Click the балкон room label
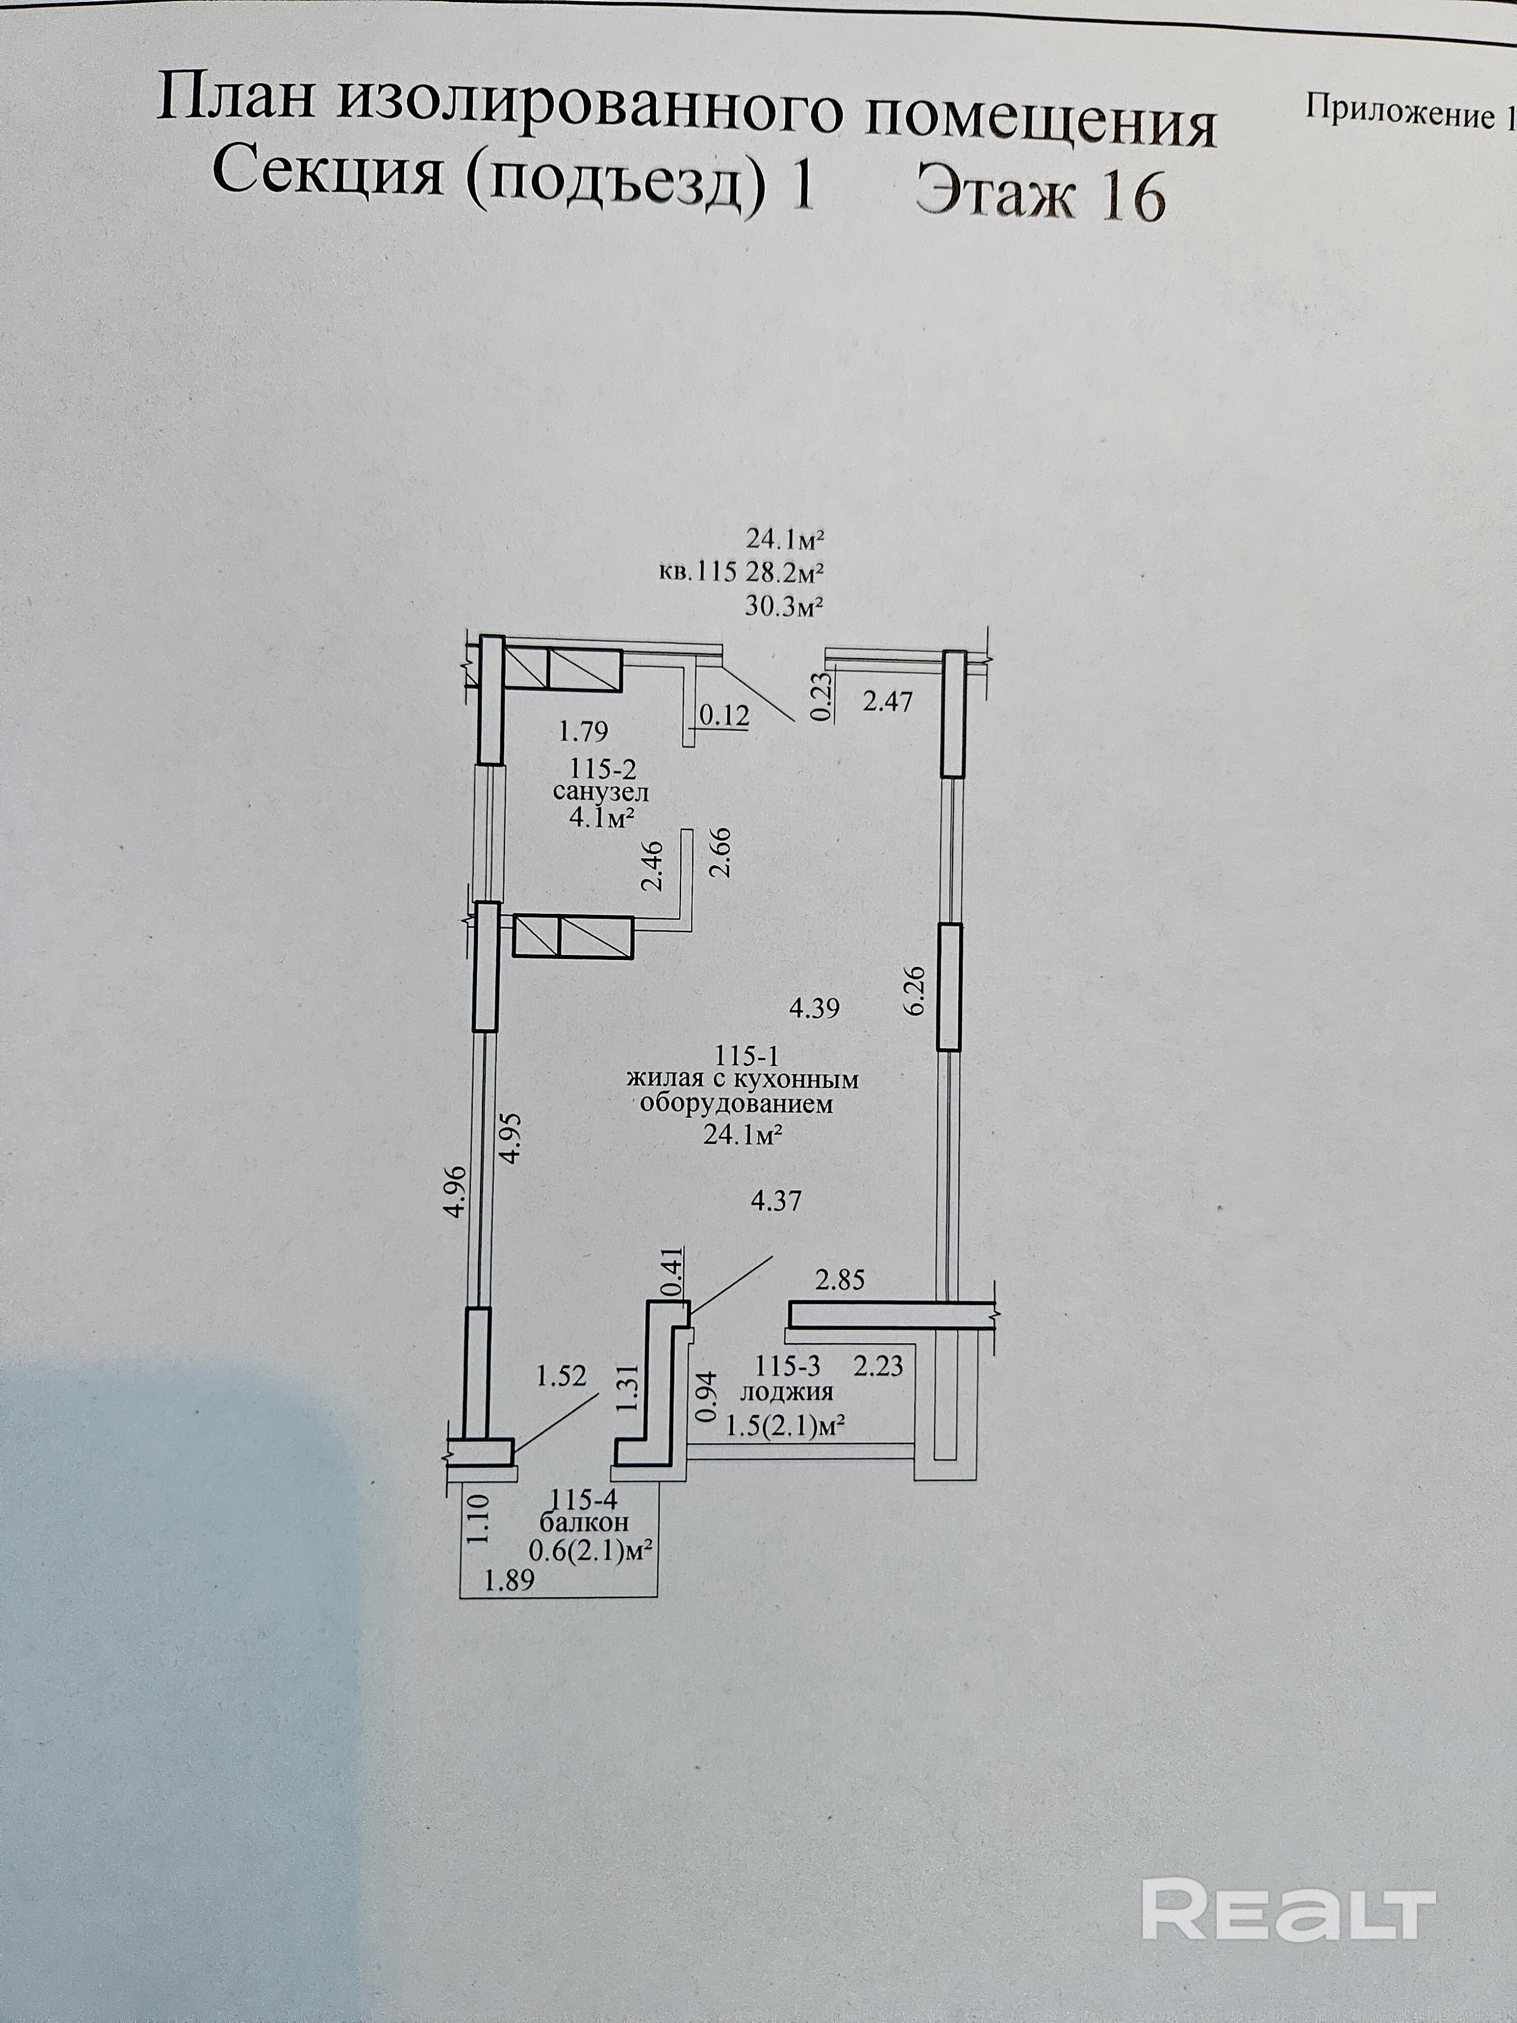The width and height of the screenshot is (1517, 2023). click(x=585, y=1523)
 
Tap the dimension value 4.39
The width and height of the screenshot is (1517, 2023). click(x=814, y=1009)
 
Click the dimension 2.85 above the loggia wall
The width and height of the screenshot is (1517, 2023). click(x=839, y=1280)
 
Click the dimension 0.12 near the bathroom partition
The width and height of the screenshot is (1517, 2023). click(x=723, y=715)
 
